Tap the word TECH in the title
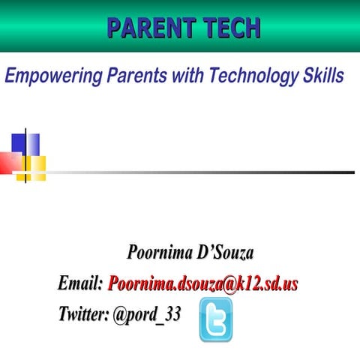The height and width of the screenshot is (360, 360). coord(230,28)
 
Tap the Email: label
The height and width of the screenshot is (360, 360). coord(80,283)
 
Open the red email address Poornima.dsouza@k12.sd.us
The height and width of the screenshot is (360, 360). coord(202,283)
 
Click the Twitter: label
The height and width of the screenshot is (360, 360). coord(83,314)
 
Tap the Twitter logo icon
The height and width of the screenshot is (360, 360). coord(216,319)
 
